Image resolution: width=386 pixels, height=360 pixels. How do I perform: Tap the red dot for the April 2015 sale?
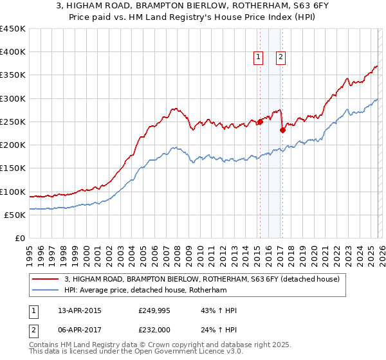click(260, 122)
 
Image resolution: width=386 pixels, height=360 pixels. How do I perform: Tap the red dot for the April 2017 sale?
click(282, 130)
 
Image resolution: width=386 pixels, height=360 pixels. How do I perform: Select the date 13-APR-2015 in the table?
click(76, 310)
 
